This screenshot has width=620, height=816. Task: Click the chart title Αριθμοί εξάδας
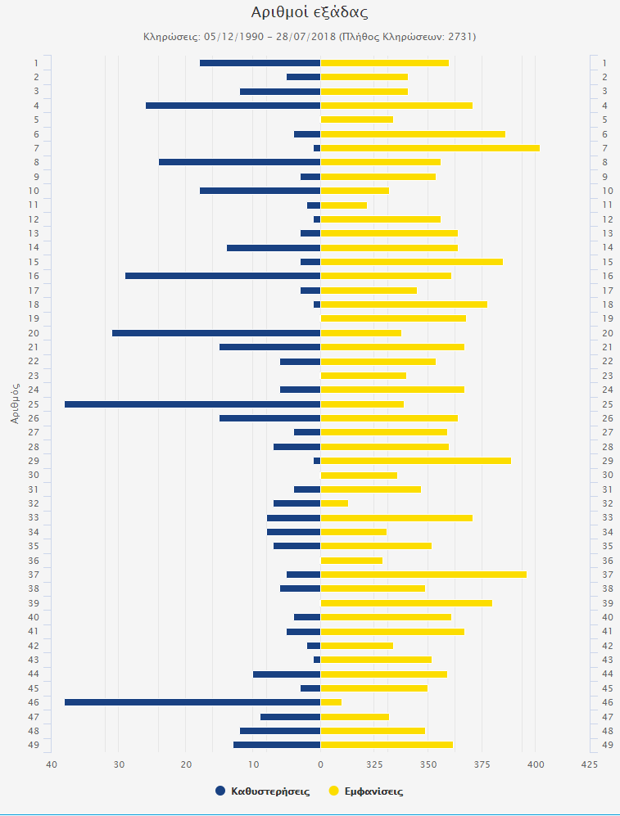[310, 12]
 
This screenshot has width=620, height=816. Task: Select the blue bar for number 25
[192, 404]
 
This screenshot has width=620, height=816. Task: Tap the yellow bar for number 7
[430, 148]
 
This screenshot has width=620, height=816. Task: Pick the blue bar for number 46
[192, 702]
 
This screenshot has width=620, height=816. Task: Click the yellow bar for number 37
[423, 575]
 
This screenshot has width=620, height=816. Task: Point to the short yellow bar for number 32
[334, 503]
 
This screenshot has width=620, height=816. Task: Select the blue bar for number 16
[223, 276]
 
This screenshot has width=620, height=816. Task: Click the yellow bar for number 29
[415, 461]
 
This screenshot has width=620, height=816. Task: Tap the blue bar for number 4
[233, 106]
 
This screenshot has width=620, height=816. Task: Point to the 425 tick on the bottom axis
[589, 764]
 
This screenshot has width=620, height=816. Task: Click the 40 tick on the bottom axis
[52, 764]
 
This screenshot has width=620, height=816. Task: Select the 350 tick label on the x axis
[428, 764]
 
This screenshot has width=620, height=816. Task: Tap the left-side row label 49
[35, 745]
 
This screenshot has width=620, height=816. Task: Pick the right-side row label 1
[604, 63]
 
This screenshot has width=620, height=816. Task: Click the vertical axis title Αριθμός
[16, 403]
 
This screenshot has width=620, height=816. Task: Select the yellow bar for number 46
[331, 702]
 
